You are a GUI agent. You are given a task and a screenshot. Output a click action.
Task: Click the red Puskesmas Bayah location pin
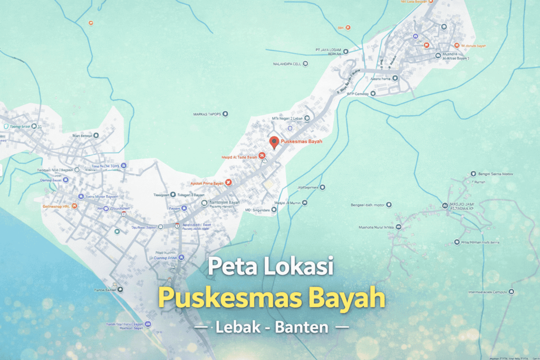274,142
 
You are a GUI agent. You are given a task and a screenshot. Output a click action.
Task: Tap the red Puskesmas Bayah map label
301,142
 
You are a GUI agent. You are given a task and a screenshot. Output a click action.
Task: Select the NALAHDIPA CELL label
286,64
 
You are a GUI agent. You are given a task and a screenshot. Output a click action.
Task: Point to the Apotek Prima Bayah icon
228,183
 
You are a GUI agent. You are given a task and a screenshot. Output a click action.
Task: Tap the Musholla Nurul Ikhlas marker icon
398,227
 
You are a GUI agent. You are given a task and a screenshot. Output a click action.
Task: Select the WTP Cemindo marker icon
372,94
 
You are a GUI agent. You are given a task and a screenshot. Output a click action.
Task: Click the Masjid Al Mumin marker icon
304,202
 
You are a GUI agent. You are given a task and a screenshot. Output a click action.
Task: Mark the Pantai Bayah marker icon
120,289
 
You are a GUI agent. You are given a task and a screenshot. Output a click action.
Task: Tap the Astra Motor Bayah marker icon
80,197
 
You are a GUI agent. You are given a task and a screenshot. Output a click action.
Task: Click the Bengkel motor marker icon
389,205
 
